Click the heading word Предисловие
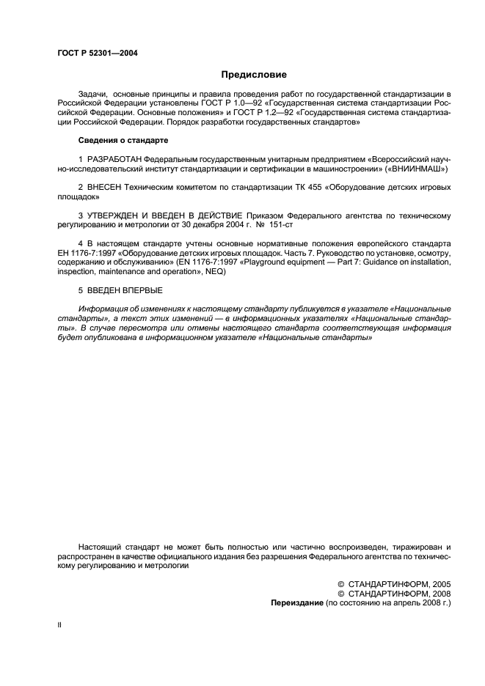point(254,74)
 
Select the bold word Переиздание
point(295,602)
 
